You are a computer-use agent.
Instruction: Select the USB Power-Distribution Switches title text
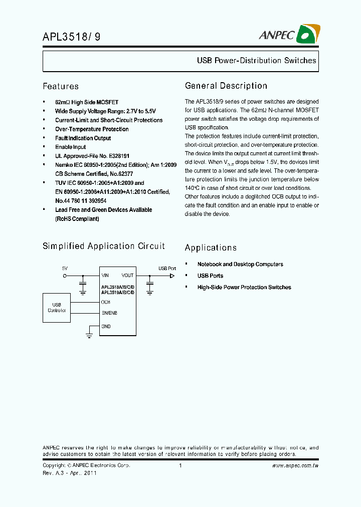click(x=256, y=61)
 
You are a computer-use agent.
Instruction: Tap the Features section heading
click(x=60, y=86)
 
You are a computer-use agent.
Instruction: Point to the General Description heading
click(x=226, y=86)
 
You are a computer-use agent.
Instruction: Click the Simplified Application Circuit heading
click(x=103, y=246)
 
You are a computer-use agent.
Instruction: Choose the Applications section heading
click(x=211, y=247)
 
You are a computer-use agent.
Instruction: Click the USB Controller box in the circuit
click(x=57, y=308)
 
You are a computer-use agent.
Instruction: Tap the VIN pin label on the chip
click(x=105, y=276)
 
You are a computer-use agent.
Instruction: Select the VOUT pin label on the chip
click(x=127, y=276)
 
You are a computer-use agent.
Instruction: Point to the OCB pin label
click(x=106, y=302)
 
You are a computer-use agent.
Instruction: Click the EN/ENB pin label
click(x=109, y=313)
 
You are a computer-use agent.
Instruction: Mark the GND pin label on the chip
click(x=106, y=326)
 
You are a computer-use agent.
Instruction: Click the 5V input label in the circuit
click(x=65, y=269)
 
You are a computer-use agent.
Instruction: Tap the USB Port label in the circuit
click(x=167, y=269)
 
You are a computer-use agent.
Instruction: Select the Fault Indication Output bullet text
click(x=83, y=138)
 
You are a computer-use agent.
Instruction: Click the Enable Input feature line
click(x=70, y=147)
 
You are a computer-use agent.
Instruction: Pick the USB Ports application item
click(x=210, y=276)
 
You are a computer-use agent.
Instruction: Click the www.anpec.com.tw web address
click(x=295, y=466)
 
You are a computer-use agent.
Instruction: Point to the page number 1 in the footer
click(x=180, y=466)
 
